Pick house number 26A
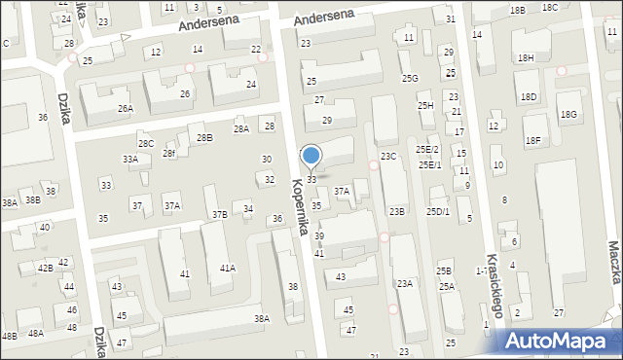click(126, 108)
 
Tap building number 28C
click(145, 143)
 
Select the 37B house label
click(220, 214)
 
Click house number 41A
click(227, 268)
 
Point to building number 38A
click(261, 318)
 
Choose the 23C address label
click(388, 157)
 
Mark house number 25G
click(410, 78)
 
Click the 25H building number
click(425, 105)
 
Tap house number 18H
click(526, 58)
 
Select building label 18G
click(568, 115)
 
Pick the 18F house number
click(532, 140)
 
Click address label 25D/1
click(437, 211)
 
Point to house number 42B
click(45, 268)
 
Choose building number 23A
click(405, 283)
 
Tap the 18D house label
click(529, 97)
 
